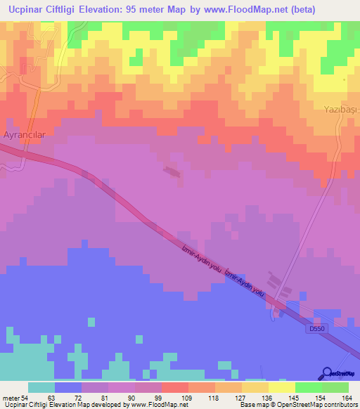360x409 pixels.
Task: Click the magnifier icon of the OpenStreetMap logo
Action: coord(328,373)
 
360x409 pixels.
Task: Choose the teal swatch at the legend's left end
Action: coord(41,387)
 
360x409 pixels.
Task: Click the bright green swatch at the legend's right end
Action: coord(335,387)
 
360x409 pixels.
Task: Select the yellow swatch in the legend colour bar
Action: coord(282,387)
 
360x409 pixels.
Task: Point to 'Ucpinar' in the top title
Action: coord(29,10)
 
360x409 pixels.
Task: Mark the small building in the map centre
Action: coord(171,170)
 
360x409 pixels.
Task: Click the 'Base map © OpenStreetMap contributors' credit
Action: coord(297,405)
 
